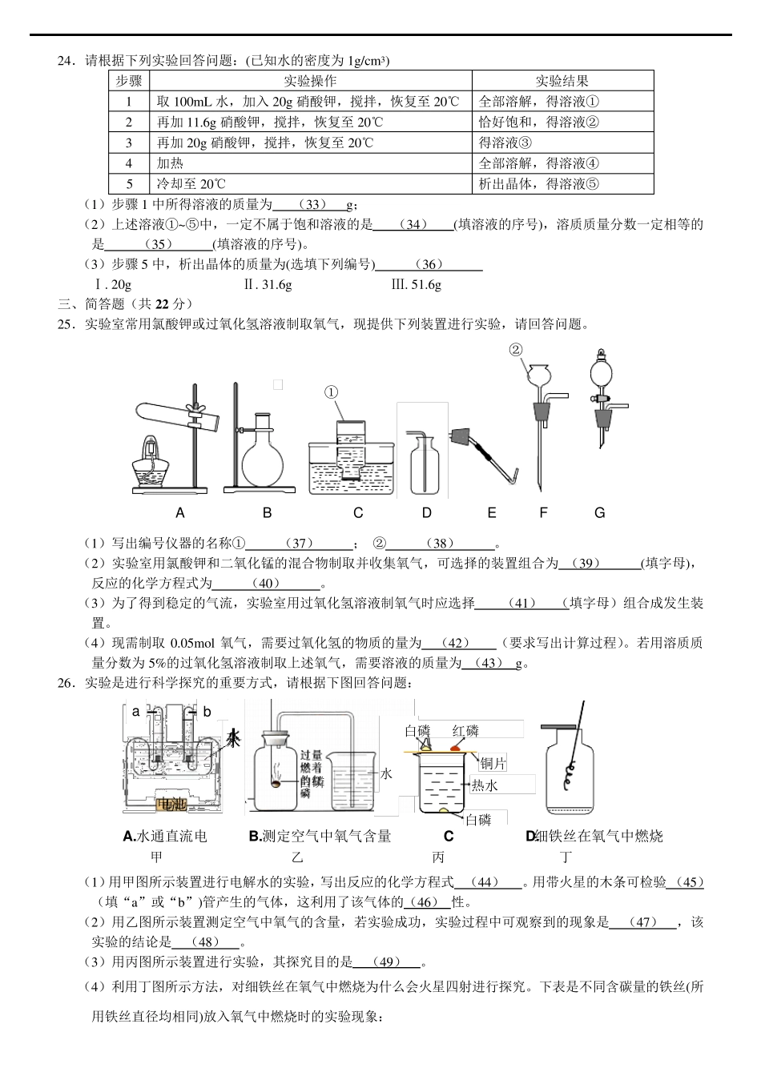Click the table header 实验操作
[310, 81]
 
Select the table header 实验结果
[562, 81]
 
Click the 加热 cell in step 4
[171, 163]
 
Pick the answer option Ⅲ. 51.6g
[416, 285]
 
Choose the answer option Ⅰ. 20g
[113, 285]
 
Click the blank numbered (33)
[316, 205]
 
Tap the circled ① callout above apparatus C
[332, 392]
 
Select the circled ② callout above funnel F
[516, 349]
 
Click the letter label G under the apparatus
[599, 513]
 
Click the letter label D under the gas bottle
[426, 513]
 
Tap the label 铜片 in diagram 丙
[493, 764]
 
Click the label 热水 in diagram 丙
[485, 785]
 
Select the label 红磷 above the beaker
[465, 730]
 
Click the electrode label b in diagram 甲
[207, 711]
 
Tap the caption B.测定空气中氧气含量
[320, 837]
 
